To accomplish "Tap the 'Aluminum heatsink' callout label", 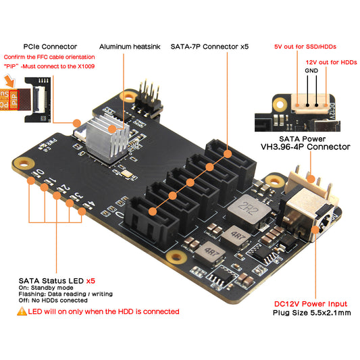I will click(x=128, y=46).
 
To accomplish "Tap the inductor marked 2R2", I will click(x=247, y=209).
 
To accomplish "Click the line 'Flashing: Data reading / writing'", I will click(x=65, y=294).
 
